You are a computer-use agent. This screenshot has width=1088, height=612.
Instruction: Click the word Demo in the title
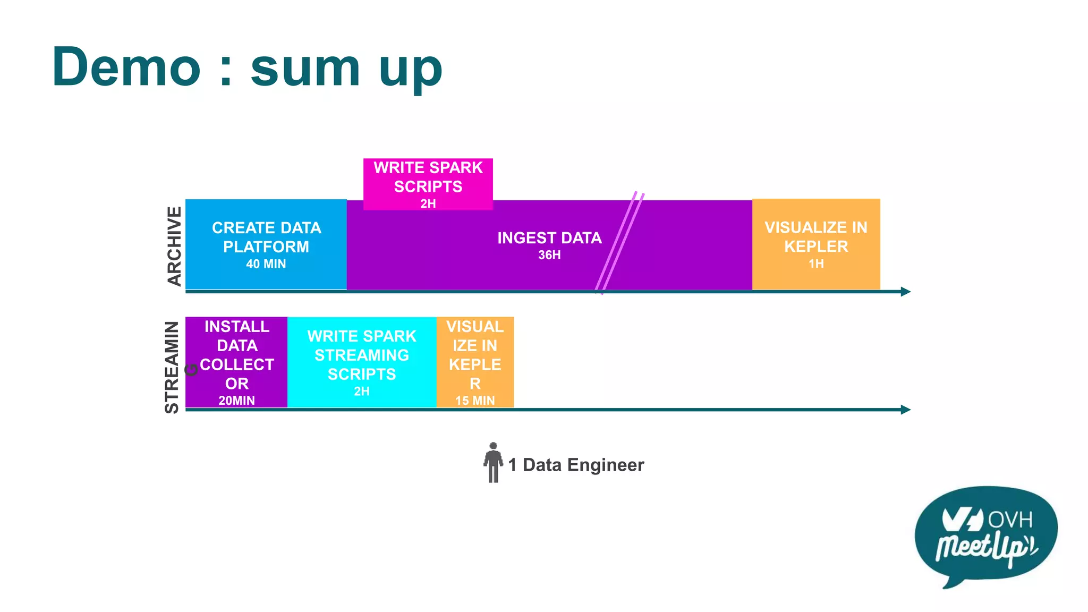pyautogui.click(x=126, y=67)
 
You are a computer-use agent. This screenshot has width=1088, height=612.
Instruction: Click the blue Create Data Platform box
pyautogui.click(x=266, y=244)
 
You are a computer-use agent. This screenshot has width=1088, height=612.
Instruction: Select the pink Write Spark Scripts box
pyautogui.click(x=428, y=184)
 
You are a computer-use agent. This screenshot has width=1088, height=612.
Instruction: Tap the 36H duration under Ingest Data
pyautogui.click(x=549, y=255)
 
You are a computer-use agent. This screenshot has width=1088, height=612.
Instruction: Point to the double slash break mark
pyautogui.click(x=619, y=242)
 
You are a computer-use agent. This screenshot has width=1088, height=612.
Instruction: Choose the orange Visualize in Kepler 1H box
pyautogui.click(x=816, y=244)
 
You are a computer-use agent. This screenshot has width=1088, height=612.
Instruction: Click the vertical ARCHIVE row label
pyautogui.click(x=174, y=246)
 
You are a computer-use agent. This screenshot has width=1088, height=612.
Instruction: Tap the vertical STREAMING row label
pyautogui.click(x=172, y=367)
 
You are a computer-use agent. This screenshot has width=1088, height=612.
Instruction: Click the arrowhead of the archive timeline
pyautogui.click(x=906, y=292)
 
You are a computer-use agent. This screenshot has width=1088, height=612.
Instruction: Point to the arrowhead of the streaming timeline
pyautogui.click(x=906, y=410)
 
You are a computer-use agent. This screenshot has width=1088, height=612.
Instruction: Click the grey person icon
pyautogui.click(x=493, y=463)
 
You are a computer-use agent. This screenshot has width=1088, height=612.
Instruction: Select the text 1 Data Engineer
pyautogui.click(x=576, y=465)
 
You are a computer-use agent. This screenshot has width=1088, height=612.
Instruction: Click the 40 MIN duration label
pyautogui.click(x=266, y=264)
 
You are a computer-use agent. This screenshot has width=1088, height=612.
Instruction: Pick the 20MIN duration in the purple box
pyautogui.click(x=236, y=401)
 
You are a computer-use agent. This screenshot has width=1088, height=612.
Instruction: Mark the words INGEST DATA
pyautogui.click(x=549, y=238)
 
